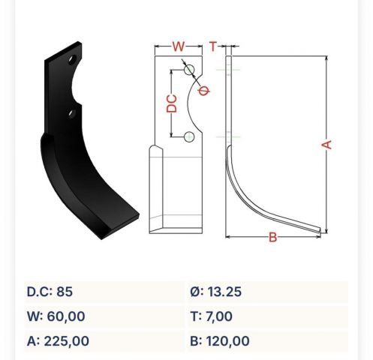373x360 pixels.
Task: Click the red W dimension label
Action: click(x=179, y=46)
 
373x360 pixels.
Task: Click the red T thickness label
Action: click(x=213, y=46)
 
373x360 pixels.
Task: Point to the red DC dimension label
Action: click(x=172, y=103)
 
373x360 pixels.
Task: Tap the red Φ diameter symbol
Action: click(x=204, y=91)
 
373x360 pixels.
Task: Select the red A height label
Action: click(x=326, y=145)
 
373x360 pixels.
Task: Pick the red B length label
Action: click(x=273, y=237)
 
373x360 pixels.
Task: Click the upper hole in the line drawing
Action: click(x=189, y=70)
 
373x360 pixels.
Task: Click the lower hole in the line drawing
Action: click(x=189, y=136)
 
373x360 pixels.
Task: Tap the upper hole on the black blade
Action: click(x=72, y=60)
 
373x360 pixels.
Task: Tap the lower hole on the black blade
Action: click(x=72, y=114)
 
